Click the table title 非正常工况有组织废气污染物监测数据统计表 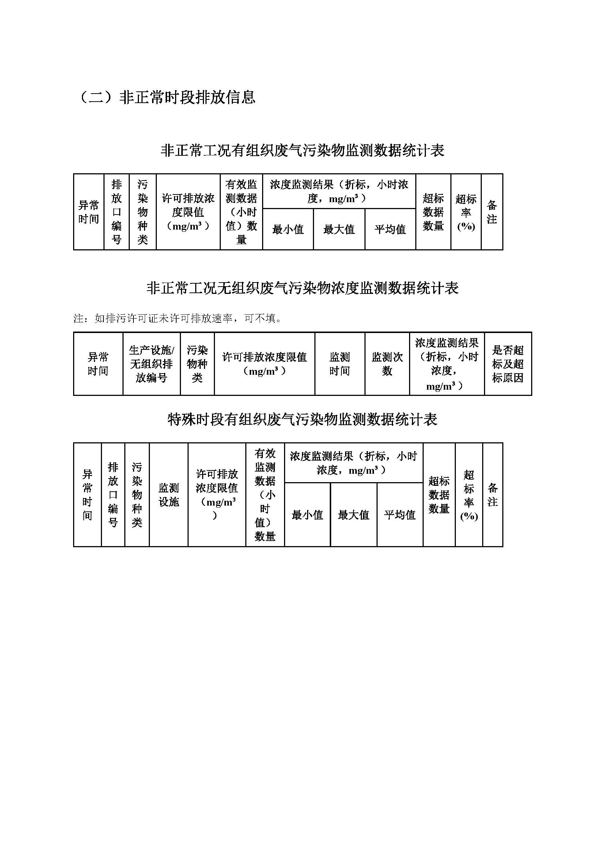(x=303, y=151)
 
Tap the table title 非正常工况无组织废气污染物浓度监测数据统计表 (x=303, y=288)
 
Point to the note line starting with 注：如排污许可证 (x=178, y=318)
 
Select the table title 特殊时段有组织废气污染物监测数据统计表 (x=303, y=420)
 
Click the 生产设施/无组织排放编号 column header (x=152, y=364)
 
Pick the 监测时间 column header (x=340, y=364)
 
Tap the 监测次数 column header (x=387, y=364)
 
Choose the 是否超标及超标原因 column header (x=508, y=364)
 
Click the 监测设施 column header (x=169, y=495)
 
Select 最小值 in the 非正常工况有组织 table (x=288, y=230)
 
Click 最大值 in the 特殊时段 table (x=353, y=515)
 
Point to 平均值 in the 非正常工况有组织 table (x=390, y=230)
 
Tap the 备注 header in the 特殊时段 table (x=493, y=495)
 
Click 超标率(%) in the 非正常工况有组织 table (x=466, y=212)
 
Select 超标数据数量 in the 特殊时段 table (x=439, y=495)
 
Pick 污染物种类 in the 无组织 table (x=197, y=364)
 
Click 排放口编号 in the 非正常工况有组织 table (x=117, y=212)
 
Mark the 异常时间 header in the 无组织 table (x=98, y=364)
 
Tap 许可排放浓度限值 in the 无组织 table (x=265, y=364)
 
